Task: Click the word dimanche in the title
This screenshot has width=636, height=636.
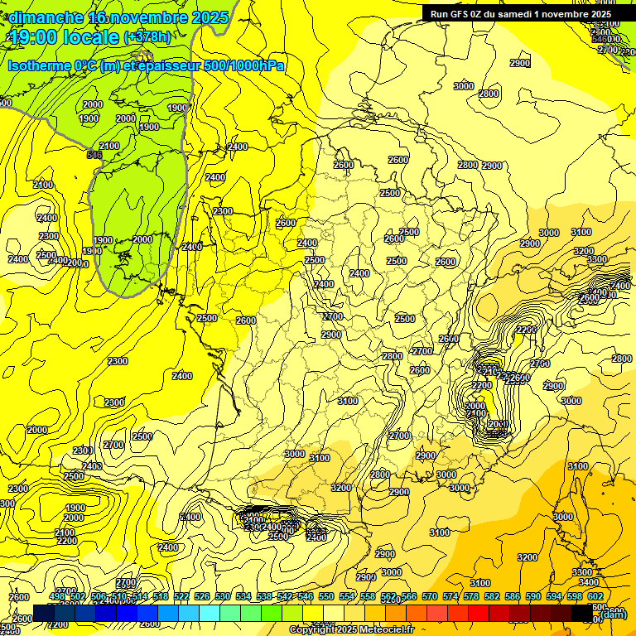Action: point(46,17)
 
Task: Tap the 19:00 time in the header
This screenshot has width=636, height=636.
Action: point(32,36)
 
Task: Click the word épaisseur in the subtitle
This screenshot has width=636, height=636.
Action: point(162,65)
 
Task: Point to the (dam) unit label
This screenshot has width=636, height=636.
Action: point(613,614)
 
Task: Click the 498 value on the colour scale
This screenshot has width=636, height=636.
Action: point(56,596)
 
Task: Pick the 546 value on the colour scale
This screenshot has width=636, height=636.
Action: point(305,596)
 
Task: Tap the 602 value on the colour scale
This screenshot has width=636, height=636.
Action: point(595,596)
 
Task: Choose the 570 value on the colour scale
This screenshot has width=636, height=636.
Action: point(429,596)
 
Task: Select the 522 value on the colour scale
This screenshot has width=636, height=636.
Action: point(181,596)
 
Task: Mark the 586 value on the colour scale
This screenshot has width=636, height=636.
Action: point(512,596)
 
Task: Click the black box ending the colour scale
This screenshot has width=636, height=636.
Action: point(582,612)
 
